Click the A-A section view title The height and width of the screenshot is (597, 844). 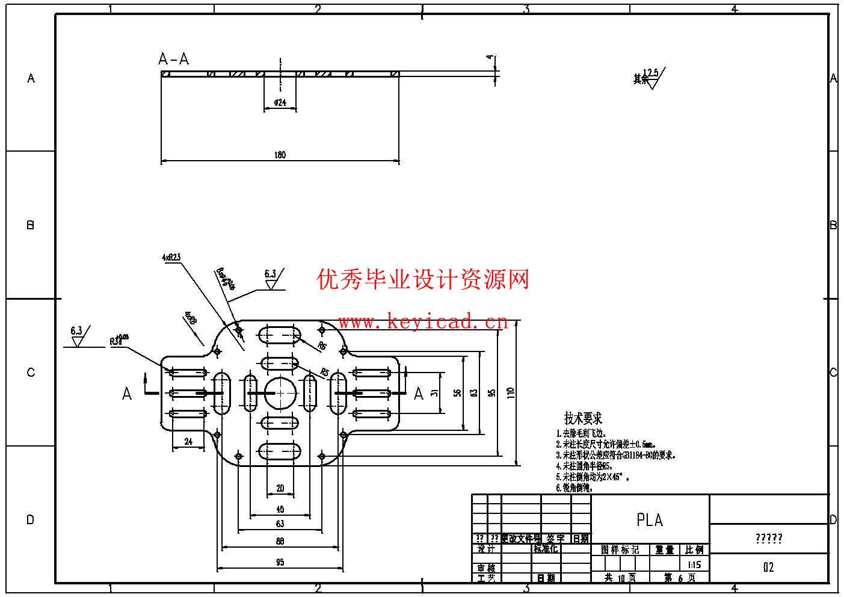[173, 59]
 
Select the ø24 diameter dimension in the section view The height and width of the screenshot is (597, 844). [280, 103]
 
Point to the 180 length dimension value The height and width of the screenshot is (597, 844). [280, 155]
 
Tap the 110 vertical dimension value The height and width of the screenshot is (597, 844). [511, 393]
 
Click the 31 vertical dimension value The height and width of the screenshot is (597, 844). [435, 393]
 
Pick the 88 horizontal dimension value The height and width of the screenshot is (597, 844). [280, 541]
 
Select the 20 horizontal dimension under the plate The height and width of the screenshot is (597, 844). [280, 488]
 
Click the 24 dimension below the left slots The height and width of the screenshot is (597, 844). [188, 442]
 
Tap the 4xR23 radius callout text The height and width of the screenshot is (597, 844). [171, 257]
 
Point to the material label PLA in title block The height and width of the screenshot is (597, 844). [650, 520]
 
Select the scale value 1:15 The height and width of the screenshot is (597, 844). [694, 565]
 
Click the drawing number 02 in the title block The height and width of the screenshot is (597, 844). [768, 568]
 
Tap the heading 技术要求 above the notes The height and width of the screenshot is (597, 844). [582, 418]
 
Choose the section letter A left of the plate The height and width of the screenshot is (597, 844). [127, 394]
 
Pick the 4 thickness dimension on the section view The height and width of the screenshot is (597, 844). [490, 58]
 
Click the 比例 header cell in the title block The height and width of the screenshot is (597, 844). [694, 550]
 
